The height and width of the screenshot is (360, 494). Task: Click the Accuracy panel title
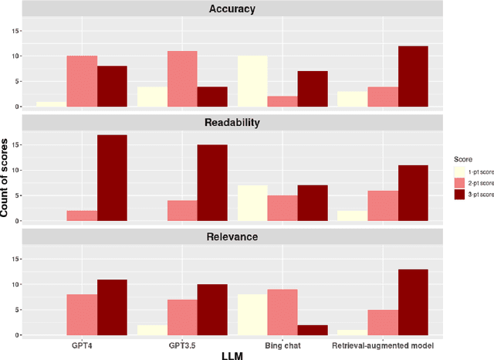[232, 9]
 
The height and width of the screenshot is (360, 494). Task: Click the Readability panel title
[232, 123]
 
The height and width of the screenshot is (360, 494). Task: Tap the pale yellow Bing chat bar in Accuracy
[252, 81]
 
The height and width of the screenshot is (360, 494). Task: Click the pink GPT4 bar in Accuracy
[82, 81]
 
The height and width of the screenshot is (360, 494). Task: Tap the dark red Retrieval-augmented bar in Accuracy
[414, 76]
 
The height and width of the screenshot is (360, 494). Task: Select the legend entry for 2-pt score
[471, 182]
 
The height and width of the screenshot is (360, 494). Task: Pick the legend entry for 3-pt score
[471, 195]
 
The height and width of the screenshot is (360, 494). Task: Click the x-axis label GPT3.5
[182, 345]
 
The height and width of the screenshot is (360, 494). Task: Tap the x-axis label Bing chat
[283, 345]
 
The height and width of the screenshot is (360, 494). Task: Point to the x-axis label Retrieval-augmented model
[383, 345]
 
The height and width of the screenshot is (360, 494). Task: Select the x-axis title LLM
[232, 355]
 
